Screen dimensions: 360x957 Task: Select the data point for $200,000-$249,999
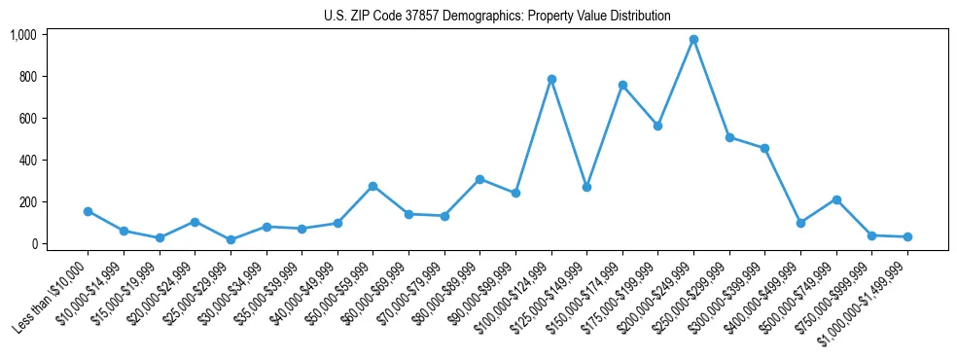(693, 40)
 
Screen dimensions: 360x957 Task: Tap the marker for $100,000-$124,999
(551, 79)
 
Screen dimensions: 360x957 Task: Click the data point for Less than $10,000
(88, 211)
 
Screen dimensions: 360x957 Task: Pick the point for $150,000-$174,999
(622, 85)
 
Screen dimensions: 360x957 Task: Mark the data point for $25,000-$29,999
(230, 239)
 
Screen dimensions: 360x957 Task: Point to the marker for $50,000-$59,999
(372, 186)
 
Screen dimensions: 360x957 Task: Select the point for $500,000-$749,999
(836, 199)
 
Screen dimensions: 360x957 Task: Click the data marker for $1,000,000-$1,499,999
(907, 236)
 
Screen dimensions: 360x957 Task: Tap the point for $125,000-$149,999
(586, 187)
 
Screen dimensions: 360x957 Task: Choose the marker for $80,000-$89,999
(479, 179)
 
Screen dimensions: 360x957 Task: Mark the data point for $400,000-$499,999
(800, 223)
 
